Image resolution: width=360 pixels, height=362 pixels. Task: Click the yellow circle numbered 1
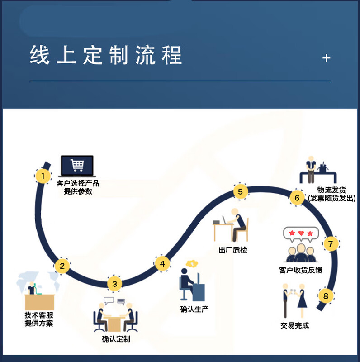[x=43, y=176]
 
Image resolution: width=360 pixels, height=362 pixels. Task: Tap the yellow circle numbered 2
[x=62, y=266]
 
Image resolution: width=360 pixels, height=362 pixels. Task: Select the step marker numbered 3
[x=114, y=284]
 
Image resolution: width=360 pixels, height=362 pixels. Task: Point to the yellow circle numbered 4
[x=162, y=263]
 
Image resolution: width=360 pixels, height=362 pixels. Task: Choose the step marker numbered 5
[x=240, y=191]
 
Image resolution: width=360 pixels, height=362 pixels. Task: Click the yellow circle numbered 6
[x=297, y=198]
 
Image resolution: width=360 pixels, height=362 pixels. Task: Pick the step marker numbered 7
[x=331, y=244]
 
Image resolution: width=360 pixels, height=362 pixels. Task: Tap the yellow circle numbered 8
[x=326, y=296]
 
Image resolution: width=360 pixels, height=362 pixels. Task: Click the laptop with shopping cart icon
[x=77, y=166]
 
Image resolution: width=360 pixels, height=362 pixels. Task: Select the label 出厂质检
[x=233, y=250]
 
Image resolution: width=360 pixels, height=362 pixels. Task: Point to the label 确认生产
[x=194, y=309]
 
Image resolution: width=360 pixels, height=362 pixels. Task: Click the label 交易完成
[x=294, y=325]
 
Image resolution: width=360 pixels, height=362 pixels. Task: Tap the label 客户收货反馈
[x=301, y=270]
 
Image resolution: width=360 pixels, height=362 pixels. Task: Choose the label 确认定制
[x=116, y=338]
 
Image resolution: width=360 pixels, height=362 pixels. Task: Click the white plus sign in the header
[x=327, y=58]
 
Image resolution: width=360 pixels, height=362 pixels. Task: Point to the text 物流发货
[x=332, y=190]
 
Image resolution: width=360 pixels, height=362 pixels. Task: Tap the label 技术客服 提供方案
[x=39, y=319]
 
